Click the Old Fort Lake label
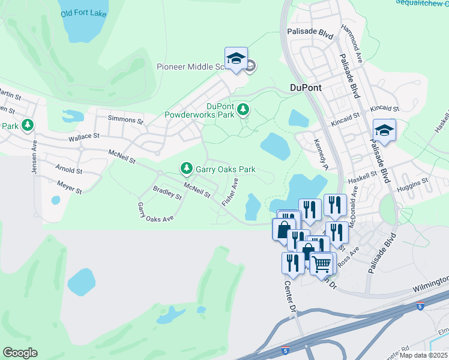(83, 12)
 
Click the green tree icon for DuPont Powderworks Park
(243, 109)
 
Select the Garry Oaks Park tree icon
(187, 167)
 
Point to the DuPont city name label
(306, 88)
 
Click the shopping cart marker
(322, 262)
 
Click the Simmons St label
(125, 120)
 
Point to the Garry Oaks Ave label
(155, 212)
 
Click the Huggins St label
(413, 180)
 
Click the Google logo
(20, 353)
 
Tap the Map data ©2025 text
(424, 355)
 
